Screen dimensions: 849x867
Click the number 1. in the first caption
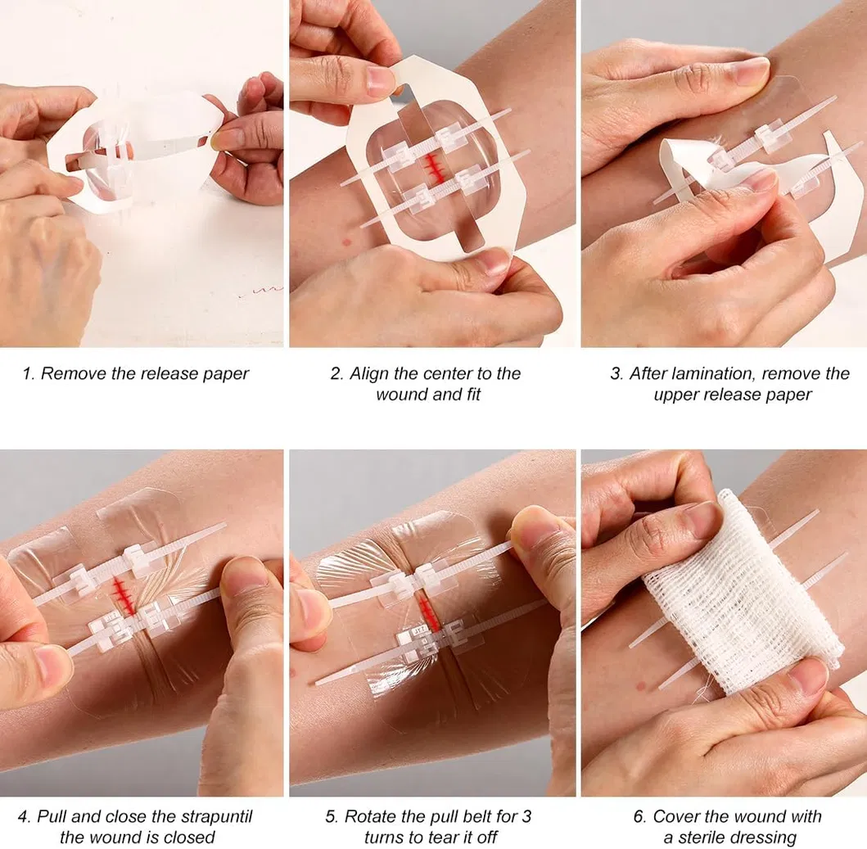(29, 374)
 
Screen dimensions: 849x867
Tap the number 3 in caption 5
(526, 816)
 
